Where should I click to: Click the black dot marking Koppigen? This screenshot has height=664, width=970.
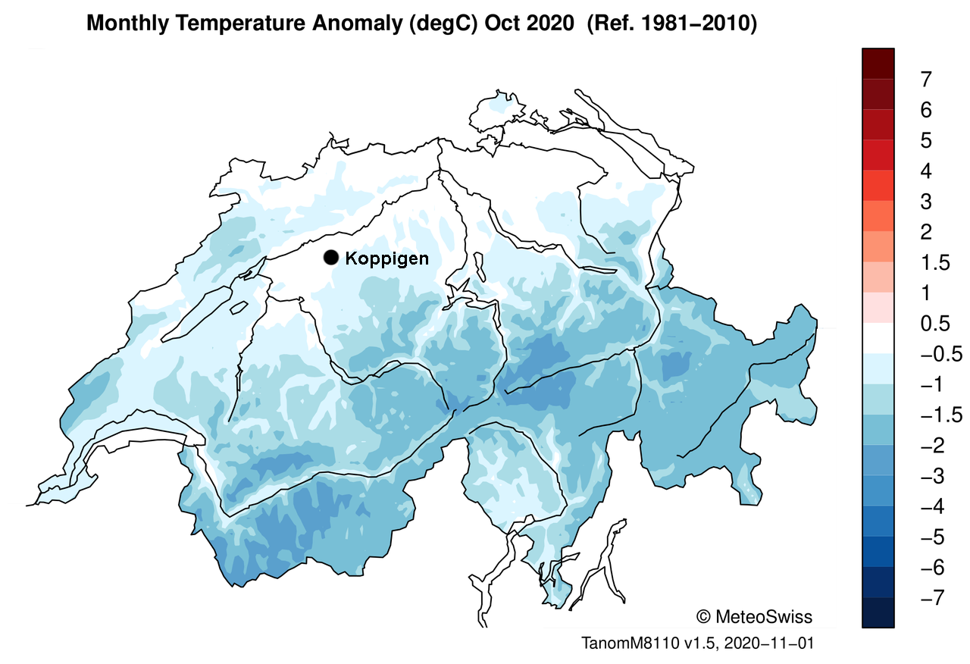point(330,258)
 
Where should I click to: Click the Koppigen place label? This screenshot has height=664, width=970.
point(386,258)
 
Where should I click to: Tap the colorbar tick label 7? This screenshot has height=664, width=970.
point(926,80)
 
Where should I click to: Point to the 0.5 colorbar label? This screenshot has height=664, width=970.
point(934,324)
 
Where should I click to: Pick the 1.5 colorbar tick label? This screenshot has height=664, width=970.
point(934,263)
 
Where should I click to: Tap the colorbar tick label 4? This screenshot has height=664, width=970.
point(926,171)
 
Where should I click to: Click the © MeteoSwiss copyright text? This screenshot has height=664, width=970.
point(753,616)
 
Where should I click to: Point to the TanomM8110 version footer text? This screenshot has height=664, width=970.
point(697,644)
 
